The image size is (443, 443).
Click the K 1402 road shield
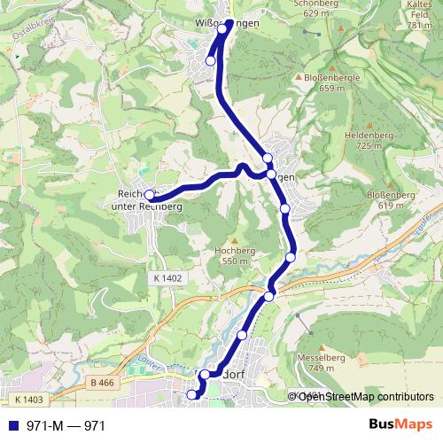click(x=166, y=278)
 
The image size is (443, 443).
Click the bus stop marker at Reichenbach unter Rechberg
click(x=150, y=196)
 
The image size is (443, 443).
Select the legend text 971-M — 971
click(x=66, y=426)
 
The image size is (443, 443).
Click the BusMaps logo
click(x=400, y=425)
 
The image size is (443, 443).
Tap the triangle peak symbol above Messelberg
click(x=315, y=346)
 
